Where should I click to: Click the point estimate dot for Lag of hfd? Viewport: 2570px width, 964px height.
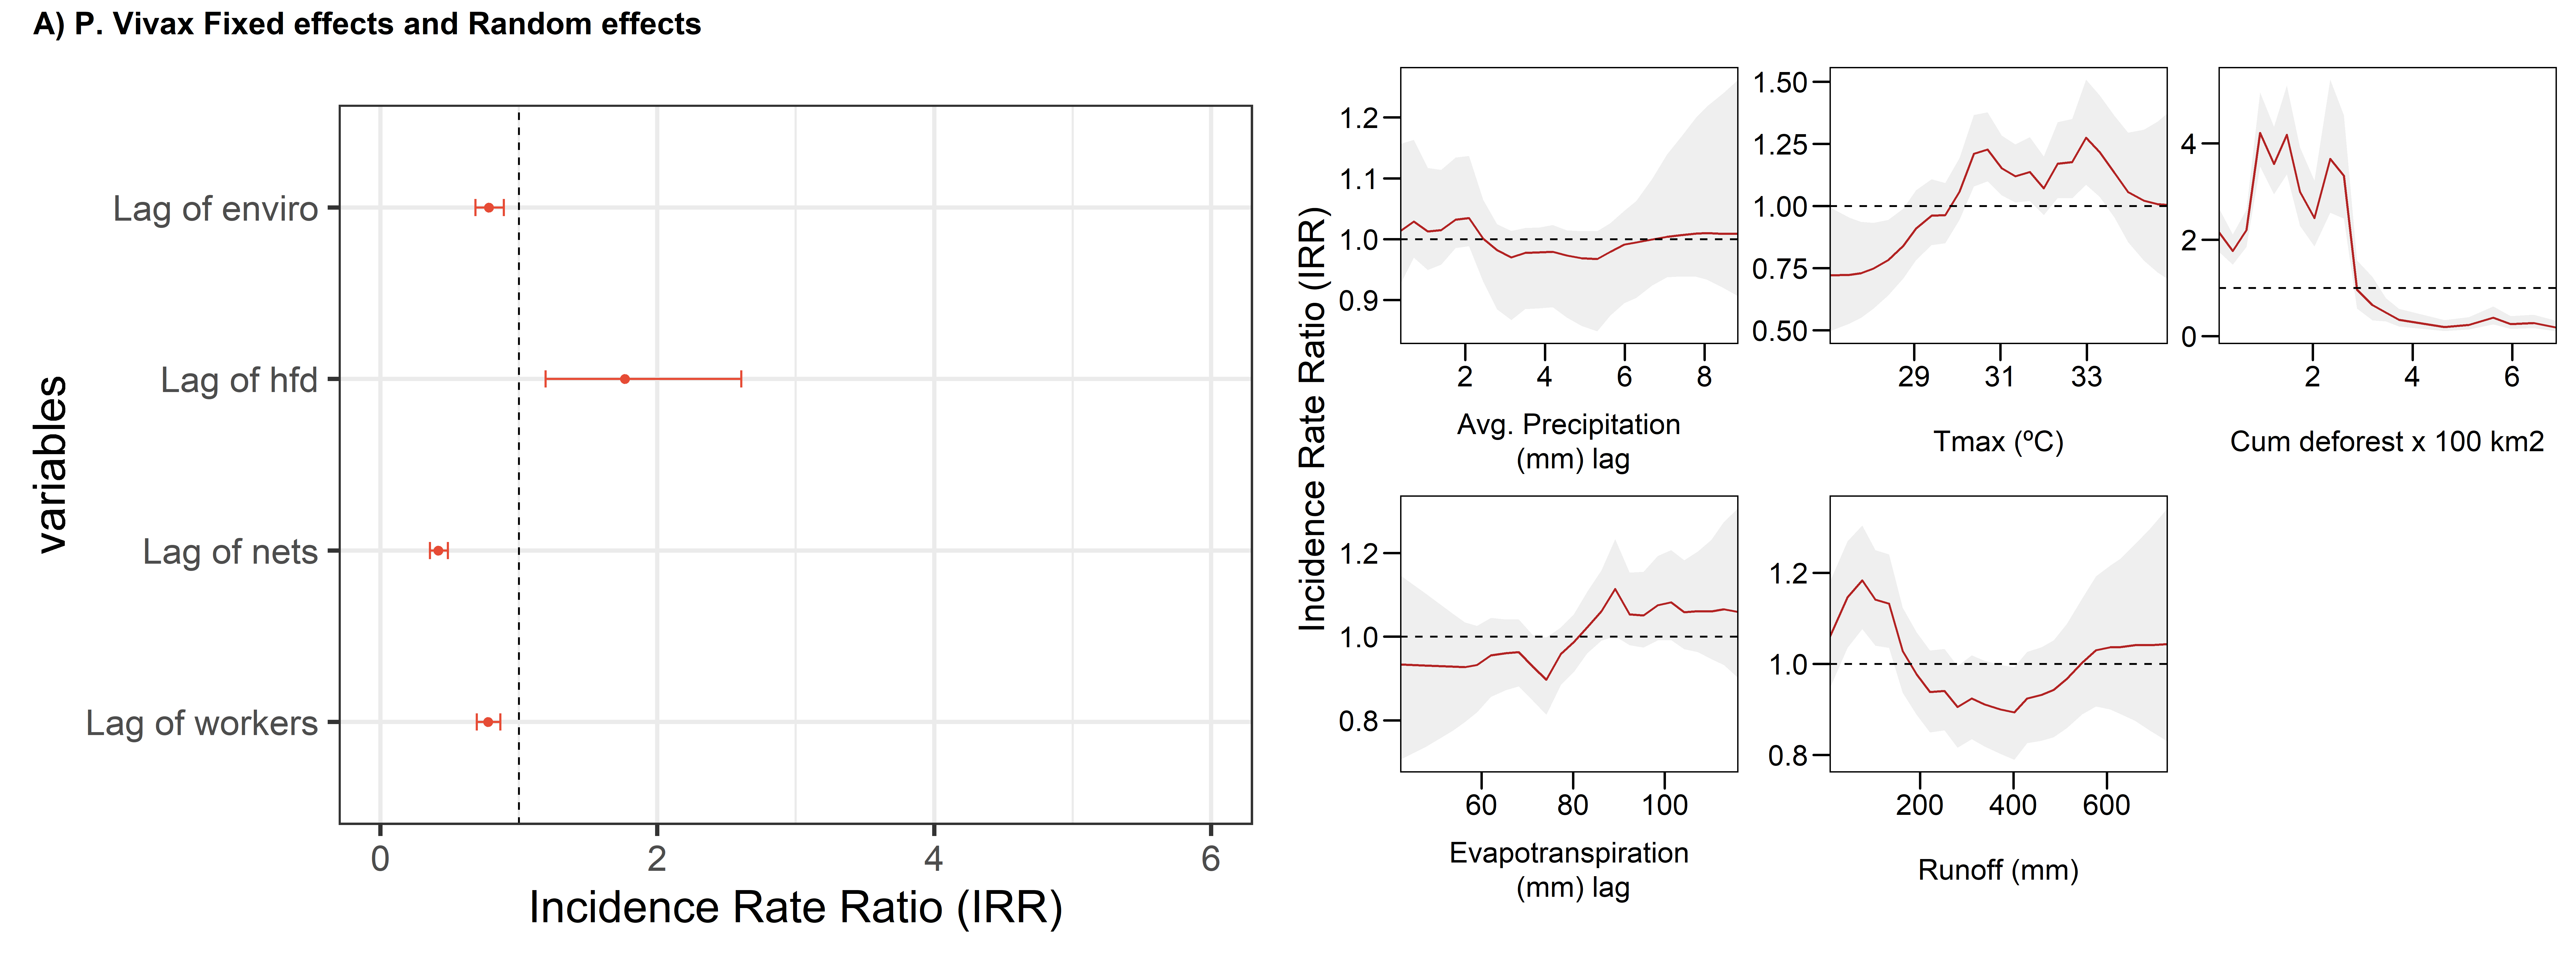coord(625,379)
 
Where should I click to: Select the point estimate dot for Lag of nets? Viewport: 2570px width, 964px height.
coord(438,551)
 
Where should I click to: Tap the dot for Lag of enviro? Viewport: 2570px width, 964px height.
coord(489,208)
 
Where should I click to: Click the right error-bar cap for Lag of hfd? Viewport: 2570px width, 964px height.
coord(741,379)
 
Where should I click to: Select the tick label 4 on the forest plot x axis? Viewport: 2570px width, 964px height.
coord(934,858)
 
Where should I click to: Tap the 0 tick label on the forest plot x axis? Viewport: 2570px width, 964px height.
coord(380,858)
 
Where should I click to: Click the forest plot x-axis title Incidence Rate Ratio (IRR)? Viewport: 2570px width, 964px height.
coord(795,908)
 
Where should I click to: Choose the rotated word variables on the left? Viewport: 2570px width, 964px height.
coord(52,464)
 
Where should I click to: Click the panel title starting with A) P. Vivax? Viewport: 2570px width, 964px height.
coord(367,24)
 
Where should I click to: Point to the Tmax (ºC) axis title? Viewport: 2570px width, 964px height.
coord(1998,441)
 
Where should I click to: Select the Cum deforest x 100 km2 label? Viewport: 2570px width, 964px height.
coord(2386,441)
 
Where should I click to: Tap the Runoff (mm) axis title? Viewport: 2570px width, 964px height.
coord(1998,870)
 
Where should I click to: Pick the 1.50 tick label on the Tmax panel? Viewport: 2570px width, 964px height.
coord(1781,83)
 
